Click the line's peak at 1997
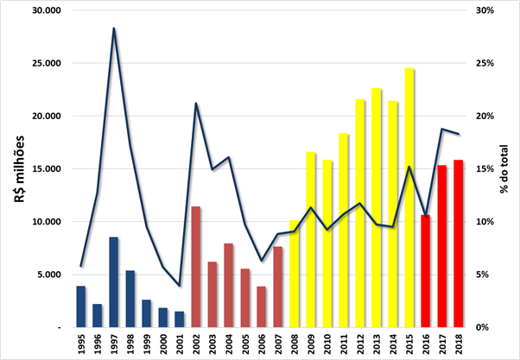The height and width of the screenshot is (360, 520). pos(113,28)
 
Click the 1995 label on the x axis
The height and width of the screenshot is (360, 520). pos(80,344)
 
